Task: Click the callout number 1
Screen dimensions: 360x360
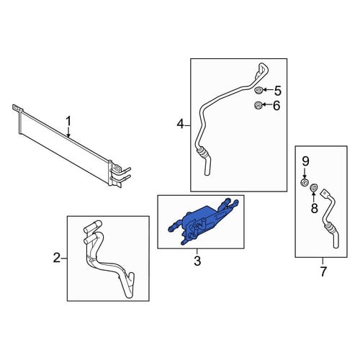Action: click(68, 121)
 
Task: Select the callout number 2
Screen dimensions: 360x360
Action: click(57, 258)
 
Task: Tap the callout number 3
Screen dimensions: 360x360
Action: click(197, 261)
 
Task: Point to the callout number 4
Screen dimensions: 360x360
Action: click(180, 125)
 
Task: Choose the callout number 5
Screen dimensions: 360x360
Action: click(277, 91)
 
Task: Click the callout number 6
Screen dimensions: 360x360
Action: click(276, 106)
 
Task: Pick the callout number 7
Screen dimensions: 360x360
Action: click(323, 271)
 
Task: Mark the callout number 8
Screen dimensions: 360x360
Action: click(314, 208)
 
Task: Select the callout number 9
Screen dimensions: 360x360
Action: click(305, 161)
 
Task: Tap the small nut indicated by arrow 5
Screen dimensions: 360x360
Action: click(258, 91)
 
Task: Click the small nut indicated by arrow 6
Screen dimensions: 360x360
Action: click(258, 105)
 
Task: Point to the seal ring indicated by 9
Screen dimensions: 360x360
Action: click(305, 183)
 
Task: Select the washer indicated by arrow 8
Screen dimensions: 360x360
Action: click(314, 188)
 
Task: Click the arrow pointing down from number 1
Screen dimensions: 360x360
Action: click(68, 132)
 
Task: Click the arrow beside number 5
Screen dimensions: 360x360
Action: click(267, 90)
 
